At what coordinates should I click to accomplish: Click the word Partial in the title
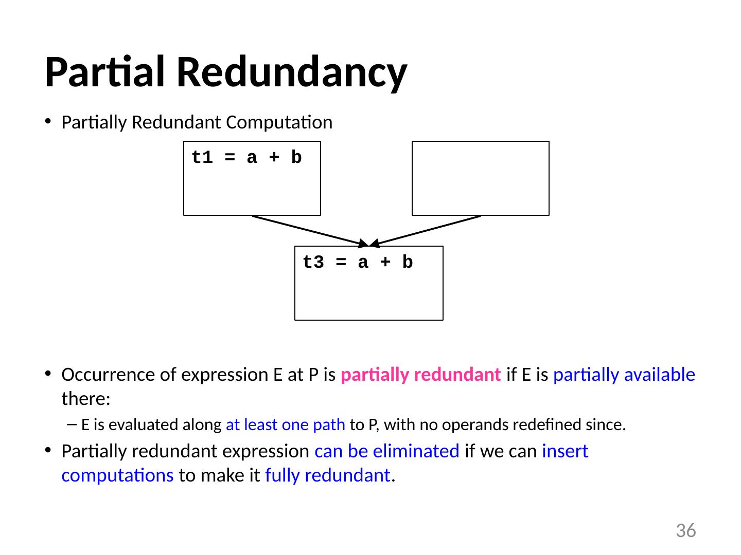tap(107, 72)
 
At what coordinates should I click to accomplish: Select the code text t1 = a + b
tap(246, 158)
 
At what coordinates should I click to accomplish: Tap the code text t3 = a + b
tap(358, 263)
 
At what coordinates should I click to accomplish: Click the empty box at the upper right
tap(480, 178)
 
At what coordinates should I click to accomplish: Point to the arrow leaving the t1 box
tap(309, 230)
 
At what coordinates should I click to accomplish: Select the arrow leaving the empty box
tap(427, 230)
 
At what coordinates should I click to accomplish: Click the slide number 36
tap(685, 530)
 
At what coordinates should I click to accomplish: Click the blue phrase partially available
tap(624, 375)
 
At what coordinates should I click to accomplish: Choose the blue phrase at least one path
tap(286, 425)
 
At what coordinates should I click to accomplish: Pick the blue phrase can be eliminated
tap(387, 451)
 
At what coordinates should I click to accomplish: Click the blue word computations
tap(117, 476)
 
